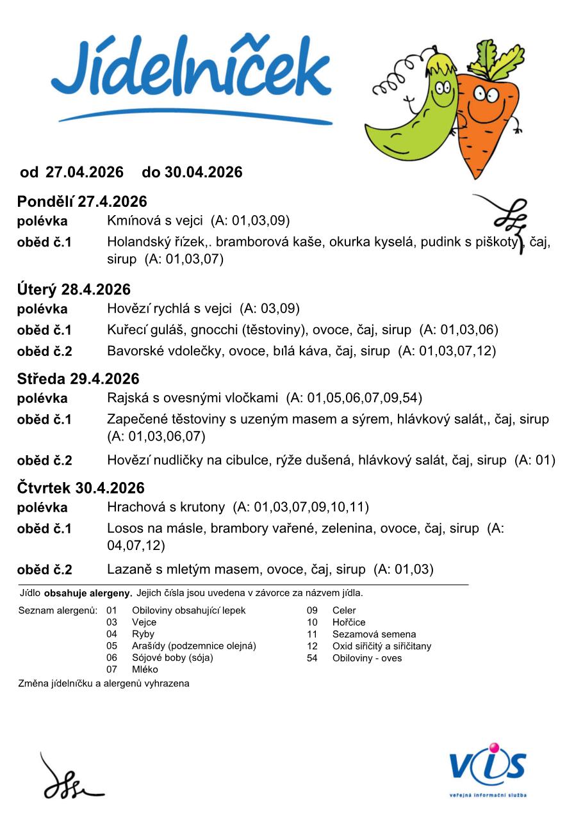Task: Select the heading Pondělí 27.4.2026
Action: point(82,202)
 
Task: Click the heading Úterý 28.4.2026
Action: point(74,289)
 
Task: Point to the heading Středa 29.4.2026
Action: point(78,379)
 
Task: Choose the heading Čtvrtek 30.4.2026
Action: point(81,489)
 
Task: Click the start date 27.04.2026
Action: point(85,172)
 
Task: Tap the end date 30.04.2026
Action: point(203,172)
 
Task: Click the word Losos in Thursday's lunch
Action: point(123,529)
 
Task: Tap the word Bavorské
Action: point(134,351)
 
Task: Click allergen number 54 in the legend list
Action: point(312,658)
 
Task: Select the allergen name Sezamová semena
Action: point(374,634)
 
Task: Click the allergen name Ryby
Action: point(143,634)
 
